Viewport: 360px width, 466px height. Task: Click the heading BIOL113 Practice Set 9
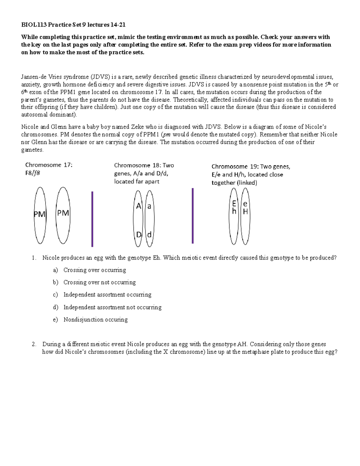[71, 25]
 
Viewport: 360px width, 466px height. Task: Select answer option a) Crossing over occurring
[94, 270]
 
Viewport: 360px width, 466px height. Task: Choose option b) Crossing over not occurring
[99, 282]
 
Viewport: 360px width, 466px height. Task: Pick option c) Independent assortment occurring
[107, 295]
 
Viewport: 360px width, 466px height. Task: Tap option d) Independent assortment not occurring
[112, 307]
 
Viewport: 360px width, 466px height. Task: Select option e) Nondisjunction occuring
[95, 320]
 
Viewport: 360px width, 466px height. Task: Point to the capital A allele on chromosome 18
[139, 206]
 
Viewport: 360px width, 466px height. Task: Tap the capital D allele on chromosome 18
[139, 235]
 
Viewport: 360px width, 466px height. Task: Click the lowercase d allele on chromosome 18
[149, 235]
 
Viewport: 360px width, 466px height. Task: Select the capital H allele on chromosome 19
[245, 212]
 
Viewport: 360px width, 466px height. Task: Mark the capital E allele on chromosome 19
[234, 204]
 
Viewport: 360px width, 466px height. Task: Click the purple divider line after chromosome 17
[92, 219]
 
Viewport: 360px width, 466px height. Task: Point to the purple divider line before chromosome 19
[193, 216]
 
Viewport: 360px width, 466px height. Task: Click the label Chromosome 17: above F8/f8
[49, 165]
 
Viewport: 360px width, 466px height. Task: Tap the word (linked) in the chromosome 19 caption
[247, 183]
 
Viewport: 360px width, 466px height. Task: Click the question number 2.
[34, 344]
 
